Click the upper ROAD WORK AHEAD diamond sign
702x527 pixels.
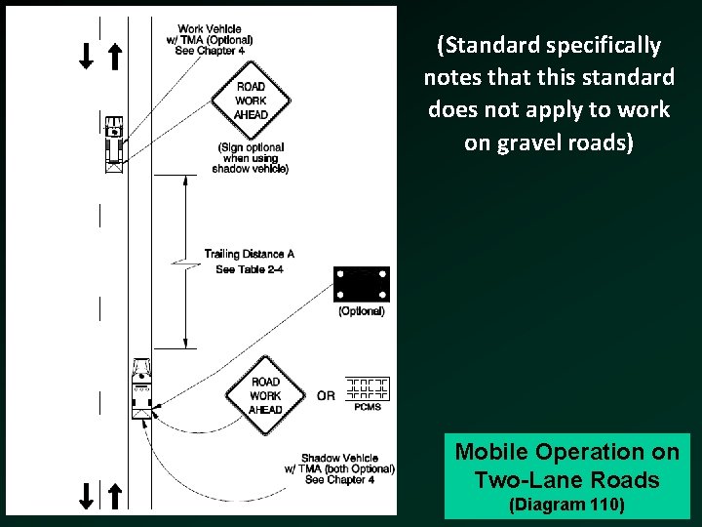pyautogui.click(x=251, y=100)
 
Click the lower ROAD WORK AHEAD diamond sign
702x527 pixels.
pyautogui.click(x=265, y=395)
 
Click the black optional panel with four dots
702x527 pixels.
pyautogui.click(x=361, y=284)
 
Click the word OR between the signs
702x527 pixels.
pyautogui.click(x=326, y=395)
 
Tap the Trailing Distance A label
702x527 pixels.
pyautogui.click(x=249, y=255)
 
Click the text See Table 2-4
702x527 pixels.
pyautogui.click(x=245, y=269)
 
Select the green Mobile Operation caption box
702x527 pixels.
pyautogui.click(x=566, y=475)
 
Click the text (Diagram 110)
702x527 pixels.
pyautogui.click(x=566, y=506)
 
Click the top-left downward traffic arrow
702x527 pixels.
pyautogui.click(x=86, y=56)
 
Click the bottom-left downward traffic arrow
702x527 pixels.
pyautogui.click(x=88, y=496)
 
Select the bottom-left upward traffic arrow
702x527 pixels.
pyautogui.click(x=114, y=496)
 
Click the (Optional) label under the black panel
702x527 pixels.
pyautogui.click(x=361, y=311)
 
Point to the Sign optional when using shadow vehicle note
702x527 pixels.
pyautogui.click(x=251, y=158)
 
